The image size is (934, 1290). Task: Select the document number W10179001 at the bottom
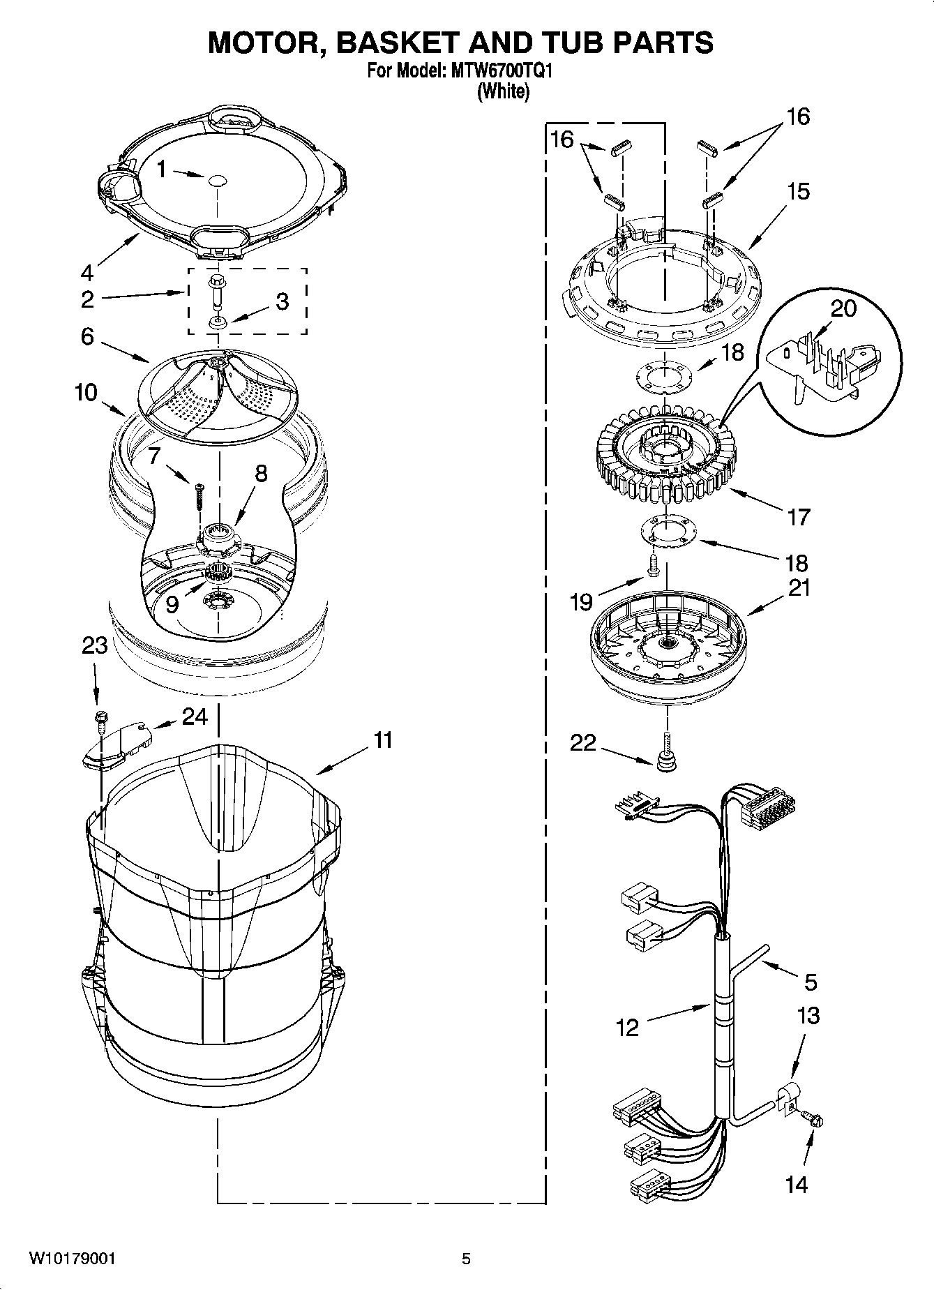(72, 1259)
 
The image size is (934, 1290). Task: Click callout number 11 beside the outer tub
(383, 740)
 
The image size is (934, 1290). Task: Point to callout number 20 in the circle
(844, 308)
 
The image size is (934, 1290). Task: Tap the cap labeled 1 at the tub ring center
(216, 179)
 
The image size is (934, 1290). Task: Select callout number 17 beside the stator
(799, 518)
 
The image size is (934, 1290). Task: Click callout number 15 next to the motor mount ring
(799, 191)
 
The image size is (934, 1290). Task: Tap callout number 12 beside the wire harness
(627, 1027)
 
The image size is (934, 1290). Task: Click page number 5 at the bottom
(466, 1259)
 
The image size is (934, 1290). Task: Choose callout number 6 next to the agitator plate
(87, 337)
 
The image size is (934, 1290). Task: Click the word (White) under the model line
(502, 91)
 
